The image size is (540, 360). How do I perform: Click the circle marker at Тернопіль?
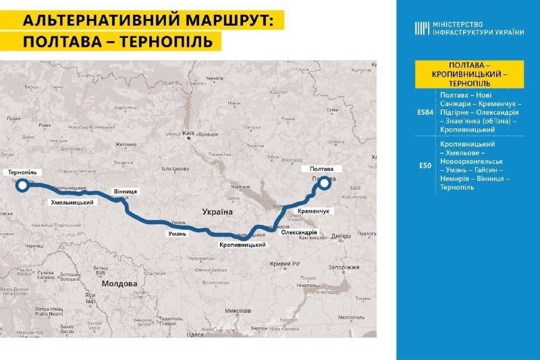tap(22, 184)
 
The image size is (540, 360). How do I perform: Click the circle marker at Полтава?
tap(325, 181)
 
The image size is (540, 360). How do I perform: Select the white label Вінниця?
tap(126, 191)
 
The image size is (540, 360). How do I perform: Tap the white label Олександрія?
tap(298, 232)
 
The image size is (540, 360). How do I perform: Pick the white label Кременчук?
tap(313, 211)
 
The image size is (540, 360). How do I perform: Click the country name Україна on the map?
tap(217, 212)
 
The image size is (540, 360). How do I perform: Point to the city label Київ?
tap(190, 134)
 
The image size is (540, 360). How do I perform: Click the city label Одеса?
tap(195, 334)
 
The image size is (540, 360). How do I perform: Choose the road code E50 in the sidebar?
tap(423, 165)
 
